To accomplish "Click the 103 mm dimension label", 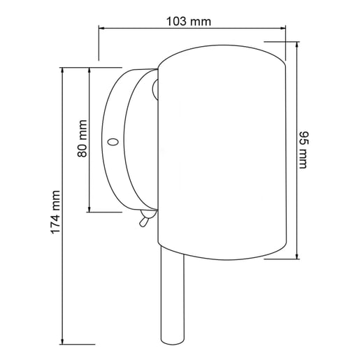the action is coord(189,22).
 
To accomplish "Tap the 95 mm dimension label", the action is coord(303,150).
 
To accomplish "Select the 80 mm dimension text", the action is coord(82,138).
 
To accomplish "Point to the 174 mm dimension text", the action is coord(55,212).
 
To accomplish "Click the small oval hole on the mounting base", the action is coord(113,142).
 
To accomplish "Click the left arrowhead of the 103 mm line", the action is coord(101,28).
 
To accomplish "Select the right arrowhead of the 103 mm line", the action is coord(282,28).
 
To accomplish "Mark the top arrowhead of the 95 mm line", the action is coord(297,45).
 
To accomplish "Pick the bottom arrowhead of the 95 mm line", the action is coord(297,256).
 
